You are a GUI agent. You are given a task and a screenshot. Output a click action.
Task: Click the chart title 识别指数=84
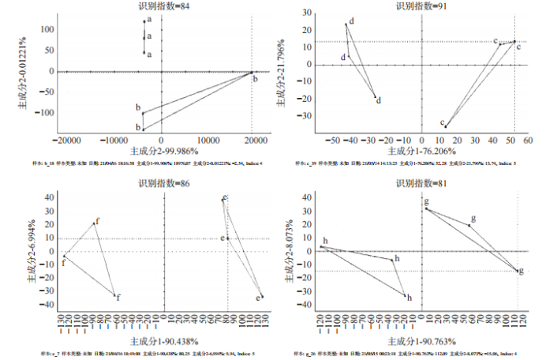[x=163, y=6]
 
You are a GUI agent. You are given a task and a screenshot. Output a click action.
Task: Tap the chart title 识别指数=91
[x=420, y=6]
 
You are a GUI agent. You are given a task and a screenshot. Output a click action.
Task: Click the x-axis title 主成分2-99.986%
[x=163, y=150]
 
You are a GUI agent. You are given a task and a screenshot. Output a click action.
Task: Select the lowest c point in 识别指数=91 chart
[x=445, y=126]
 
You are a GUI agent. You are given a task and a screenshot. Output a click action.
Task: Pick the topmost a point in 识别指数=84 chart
[x=144, y=21]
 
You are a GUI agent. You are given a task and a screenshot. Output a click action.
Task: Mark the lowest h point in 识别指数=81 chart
[x=406, y=295]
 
